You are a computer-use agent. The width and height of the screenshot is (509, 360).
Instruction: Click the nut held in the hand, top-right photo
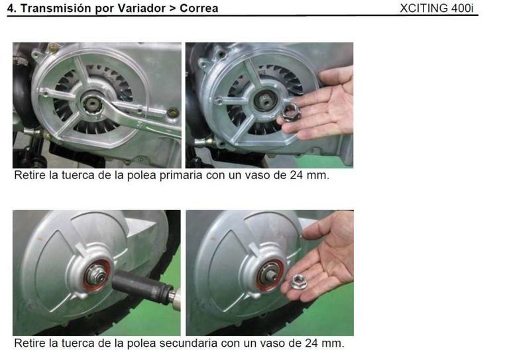[x=291, y=112]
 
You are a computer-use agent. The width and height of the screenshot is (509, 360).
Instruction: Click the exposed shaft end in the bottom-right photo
[x=270, y=274]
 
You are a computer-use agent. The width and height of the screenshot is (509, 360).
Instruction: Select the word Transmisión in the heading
[x=51, y=9]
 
